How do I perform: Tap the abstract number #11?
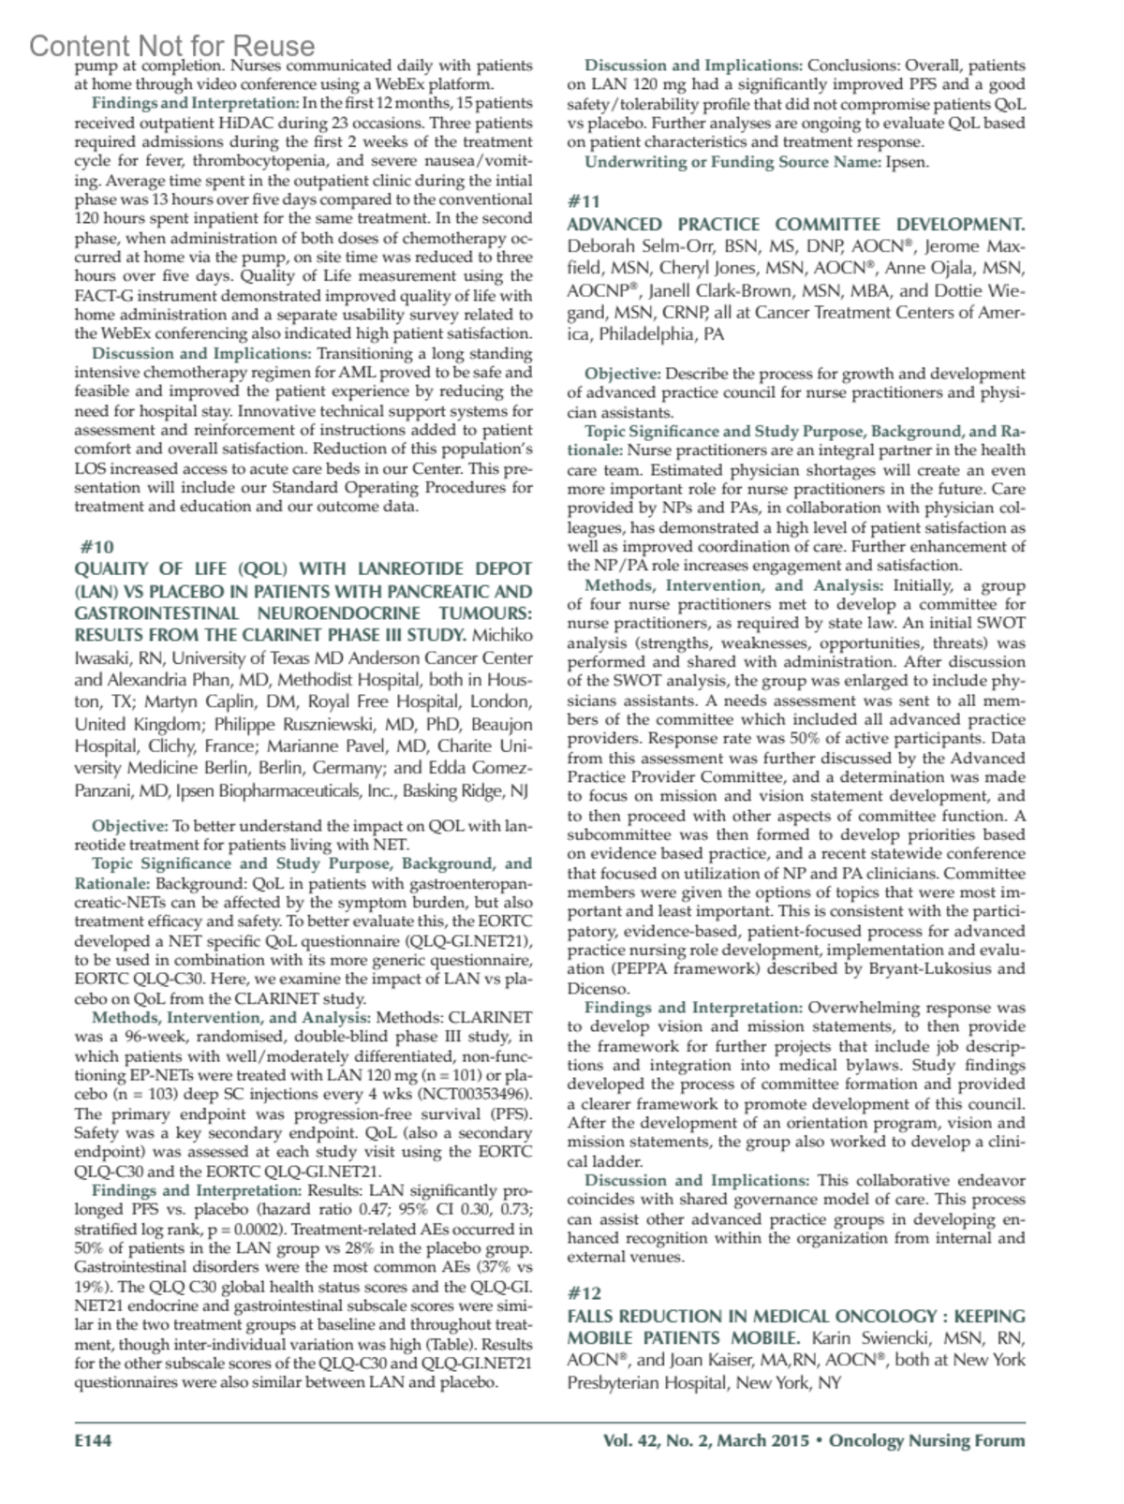(x=584, y=201)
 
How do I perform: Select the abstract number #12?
(x=584, y=1293)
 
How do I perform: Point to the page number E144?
(x=94, y=1441)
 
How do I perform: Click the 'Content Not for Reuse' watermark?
(x=172, y=45)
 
